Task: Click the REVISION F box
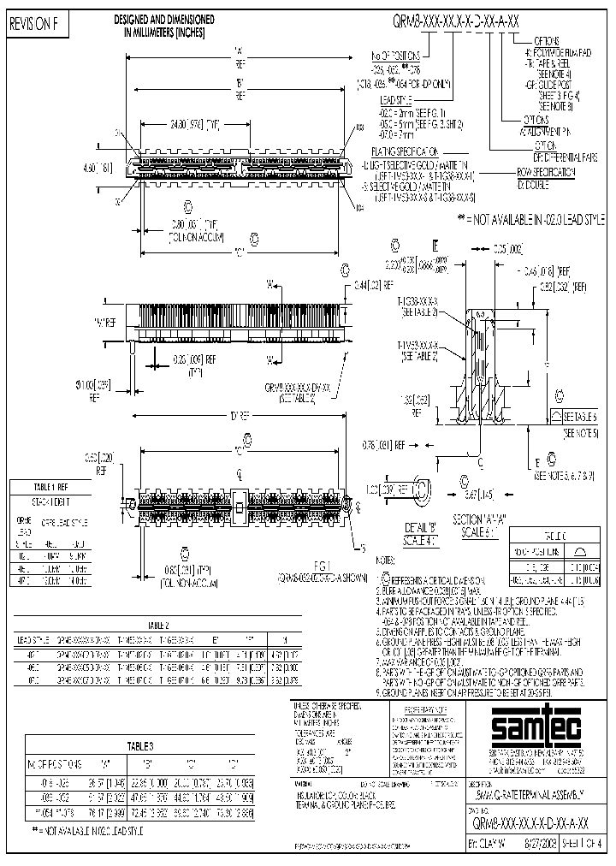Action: (34, 27)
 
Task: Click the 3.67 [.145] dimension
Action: (463, 495)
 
